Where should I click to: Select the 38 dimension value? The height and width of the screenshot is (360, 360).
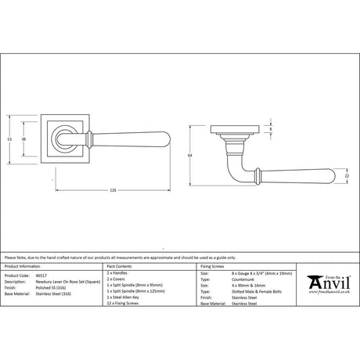pos(24,139)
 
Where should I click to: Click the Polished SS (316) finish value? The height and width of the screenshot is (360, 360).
pos(65,286)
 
